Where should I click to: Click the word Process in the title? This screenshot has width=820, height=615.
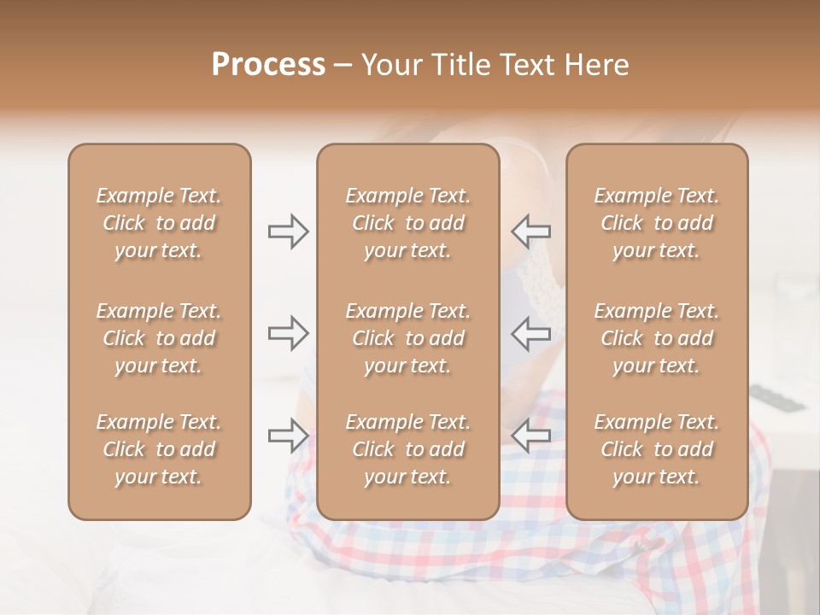coord(268,64)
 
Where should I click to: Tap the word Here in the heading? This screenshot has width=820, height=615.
coord(594,64)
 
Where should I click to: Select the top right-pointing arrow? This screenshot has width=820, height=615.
coord(289,231)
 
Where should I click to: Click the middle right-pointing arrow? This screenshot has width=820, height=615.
coord(289,333)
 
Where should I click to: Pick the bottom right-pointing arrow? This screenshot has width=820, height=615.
coord(289,436)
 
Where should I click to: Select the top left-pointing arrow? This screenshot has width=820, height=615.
coord(531,231)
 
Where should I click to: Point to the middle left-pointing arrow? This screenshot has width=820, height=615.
coord(531,333)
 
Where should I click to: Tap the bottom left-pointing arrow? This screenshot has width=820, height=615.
coord(531,436)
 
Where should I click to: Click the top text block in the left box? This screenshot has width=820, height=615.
coord(159,223)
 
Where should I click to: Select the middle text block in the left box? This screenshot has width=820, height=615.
coord(159,338)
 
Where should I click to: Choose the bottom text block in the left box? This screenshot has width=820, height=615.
coord(159,449)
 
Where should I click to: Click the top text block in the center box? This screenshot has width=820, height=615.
coord(408,223)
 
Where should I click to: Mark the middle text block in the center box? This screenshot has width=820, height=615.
coord(408,338)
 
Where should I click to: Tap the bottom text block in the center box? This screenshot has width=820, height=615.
coord(408,449)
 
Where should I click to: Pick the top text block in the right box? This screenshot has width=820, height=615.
coord(657,223)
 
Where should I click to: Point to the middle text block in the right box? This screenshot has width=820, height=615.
coord(657,338)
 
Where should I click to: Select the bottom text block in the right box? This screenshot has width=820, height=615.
coord(657,449)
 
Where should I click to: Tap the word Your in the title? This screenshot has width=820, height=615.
coord(389,64)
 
